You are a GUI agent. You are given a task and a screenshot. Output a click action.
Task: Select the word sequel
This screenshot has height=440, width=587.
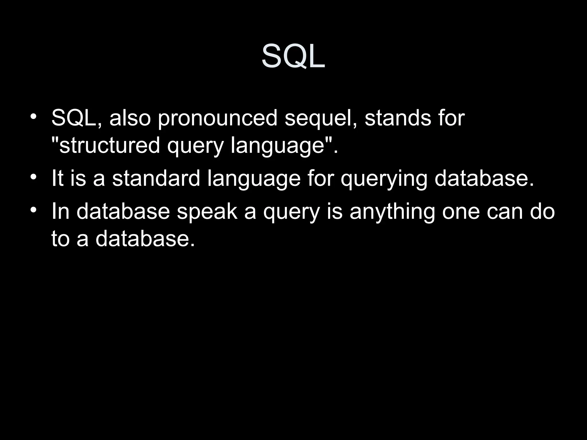tap(321, 119)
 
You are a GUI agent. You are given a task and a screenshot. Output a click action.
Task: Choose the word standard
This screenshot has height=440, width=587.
tap(156, 178)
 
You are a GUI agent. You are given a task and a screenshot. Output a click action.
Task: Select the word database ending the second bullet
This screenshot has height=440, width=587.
tap(484, 178)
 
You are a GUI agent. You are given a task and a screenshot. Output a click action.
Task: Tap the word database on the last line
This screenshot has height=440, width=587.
tap(145, 239)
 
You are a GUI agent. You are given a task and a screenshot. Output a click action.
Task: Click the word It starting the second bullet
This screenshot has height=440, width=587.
tap(57, 178)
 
